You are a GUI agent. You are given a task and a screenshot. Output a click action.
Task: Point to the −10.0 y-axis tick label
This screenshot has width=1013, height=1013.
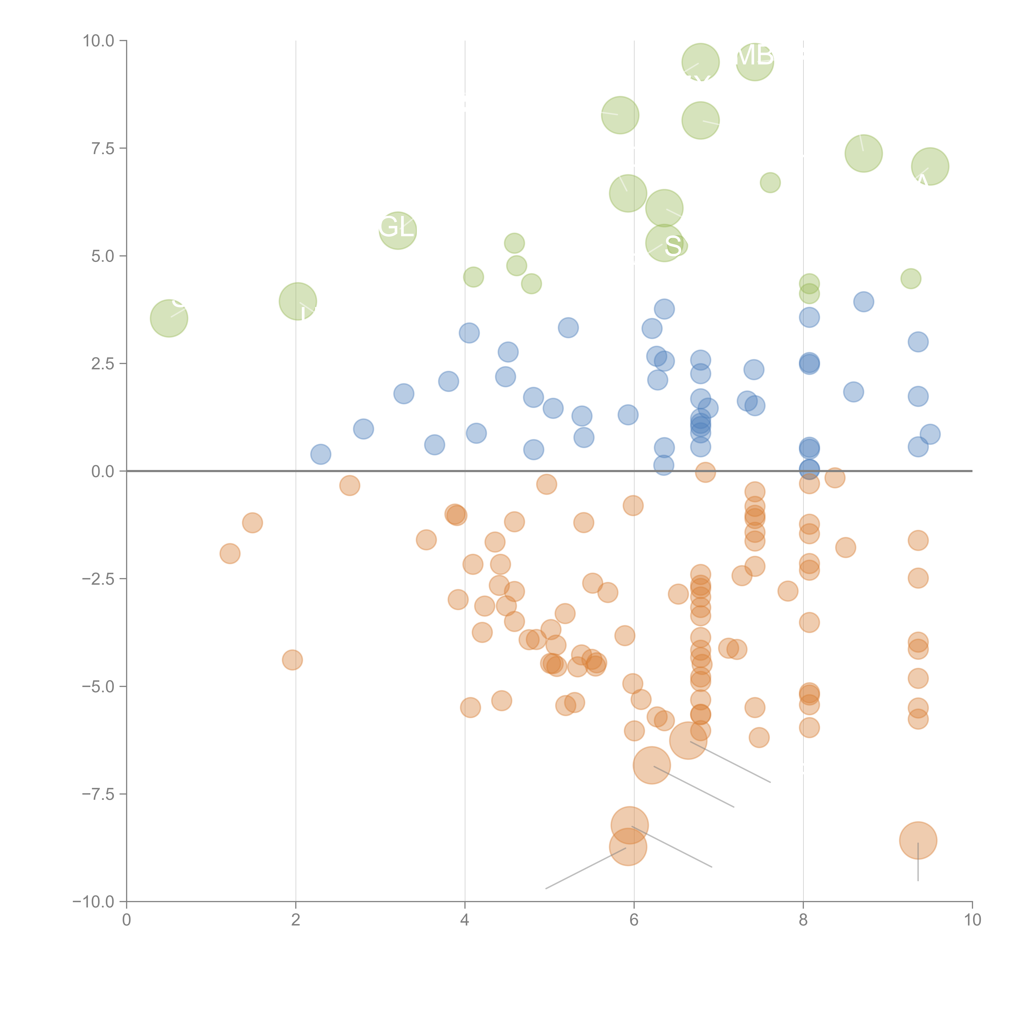click(x=93, y=902)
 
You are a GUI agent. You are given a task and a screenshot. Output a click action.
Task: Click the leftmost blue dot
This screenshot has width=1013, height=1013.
click(x=320, y=454)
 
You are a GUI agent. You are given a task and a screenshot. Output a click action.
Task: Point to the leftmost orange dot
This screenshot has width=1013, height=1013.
click(x=230, y=553)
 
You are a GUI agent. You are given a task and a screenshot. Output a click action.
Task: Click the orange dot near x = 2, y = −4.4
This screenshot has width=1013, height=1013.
click(x=292, y=660)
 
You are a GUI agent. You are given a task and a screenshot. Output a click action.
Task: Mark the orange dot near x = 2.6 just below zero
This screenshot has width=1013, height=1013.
click(x=349, y=485)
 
